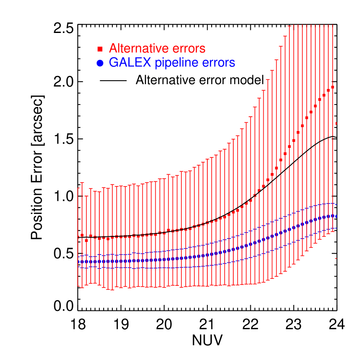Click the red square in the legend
100,49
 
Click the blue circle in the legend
100,63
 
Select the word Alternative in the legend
138,48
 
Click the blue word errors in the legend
219,62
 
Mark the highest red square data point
333,87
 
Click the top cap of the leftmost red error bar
78,188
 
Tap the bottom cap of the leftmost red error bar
78,286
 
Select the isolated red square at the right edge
336,124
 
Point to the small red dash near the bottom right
336,259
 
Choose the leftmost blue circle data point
79,262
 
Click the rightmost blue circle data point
336,216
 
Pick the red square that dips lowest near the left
87,240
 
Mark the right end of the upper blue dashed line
336,204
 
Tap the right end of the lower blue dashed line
336,228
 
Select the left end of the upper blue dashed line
78,257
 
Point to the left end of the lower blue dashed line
78,267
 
